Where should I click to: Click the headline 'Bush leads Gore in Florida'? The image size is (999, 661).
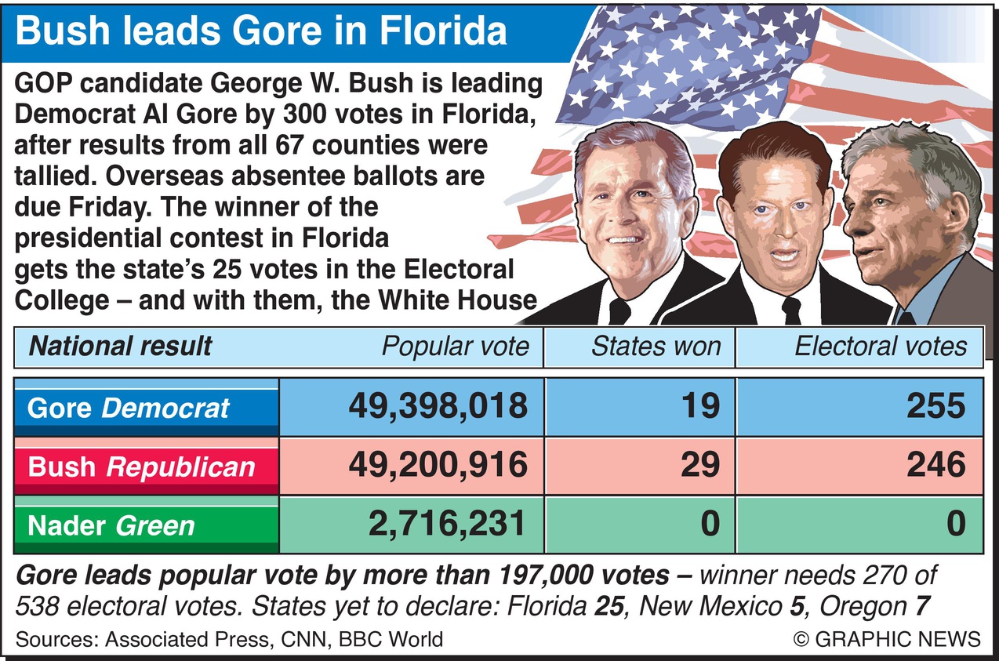(x=260, y=32)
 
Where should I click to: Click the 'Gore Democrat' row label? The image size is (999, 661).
(x=129, y=409)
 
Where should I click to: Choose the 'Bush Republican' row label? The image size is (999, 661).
(x=141, y=467)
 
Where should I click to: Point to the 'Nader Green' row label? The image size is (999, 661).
(x=111, y=525)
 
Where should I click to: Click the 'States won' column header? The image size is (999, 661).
(x=656, y=347)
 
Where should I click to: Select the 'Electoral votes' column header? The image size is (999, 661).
(x=881, y=347)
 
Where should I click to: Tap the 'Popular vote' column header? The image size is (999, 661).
(x=455, y=347)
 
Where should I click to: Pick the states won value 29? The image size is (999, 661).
(x=699, y=465)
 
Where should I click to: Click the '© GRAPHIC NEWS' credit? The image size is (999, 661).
(x=887, y=638)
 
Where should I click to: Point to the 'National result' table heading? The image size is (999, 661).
(x=120, y=347)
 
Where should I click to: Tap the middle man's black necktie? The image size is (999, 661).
(x=791, y=310)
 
